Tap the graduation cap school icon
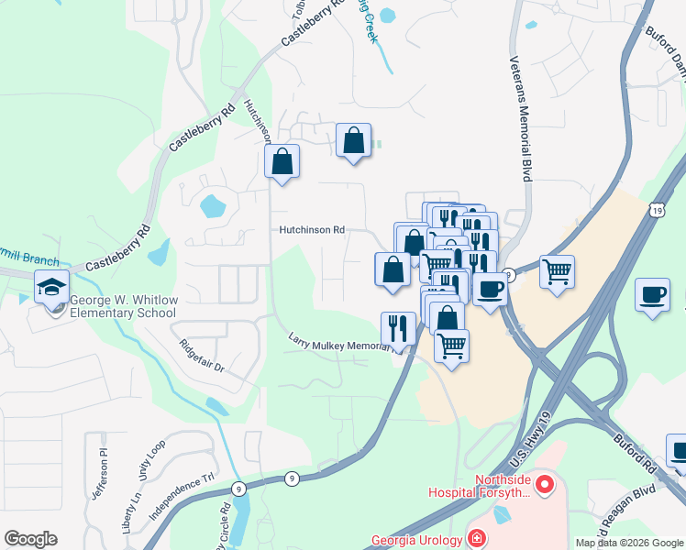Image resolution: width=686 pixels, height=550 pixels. pos(52,288)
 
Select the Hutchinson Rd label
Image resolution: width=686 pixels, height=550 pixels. pos(312,230)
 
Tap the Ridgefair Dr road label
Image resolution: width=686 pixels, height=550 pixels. pos(202,356)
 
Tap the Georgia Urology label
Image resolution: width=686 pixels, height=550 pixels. pos(418,540)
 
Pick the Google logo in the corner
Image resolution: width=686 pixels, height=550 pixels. pos(30,539)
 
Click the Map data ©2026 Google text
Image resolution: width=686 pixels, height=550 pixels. pos(629,543)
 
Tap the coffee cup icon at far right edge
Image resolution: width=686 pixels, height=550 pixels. pos(652,295)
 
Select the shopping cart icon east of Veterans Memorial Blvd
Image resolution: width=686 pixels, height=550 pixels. pos(557,271)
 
